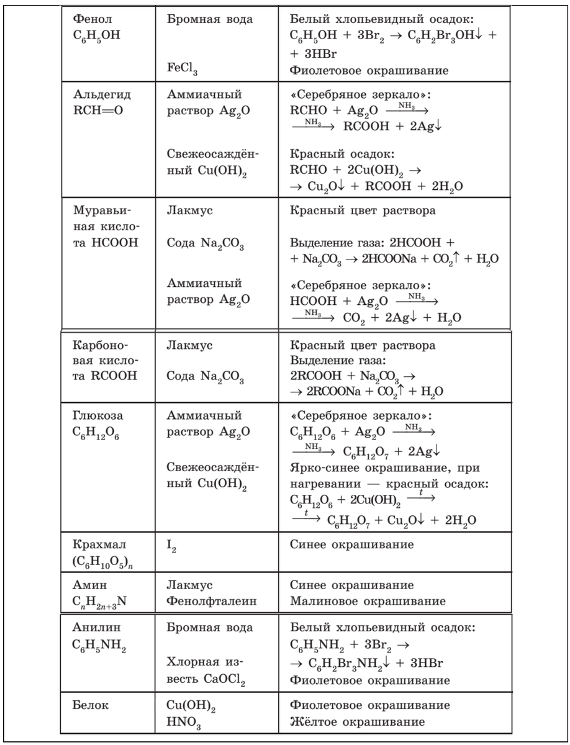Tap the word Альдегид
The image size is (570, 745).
click(x=96, y=95)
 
